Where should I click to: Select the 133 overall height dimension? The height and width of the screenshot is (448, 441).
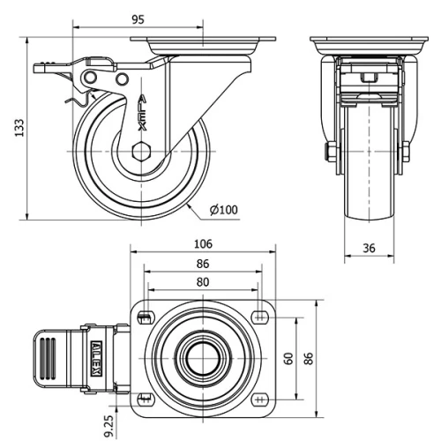point(16,129)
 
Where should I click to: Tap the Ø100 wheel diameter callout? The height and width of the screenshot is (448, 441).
point(224,209)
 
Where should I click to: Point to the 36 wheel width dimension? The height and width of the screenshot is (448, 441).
point(369,249)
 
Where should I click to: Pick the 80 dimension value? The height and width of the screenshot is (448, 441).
point(202,282)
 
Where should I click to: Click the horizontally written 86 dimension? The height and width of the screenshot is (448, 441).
point(202,264)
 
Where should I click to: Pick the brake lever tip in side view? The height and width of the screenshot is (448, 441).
point(41,67)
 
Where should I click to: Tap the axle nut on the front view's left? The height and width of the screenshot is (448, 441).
point(330,153)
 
